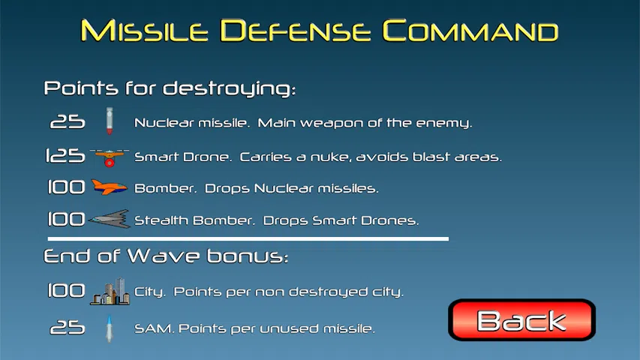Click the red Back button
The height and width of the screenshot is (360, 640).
tap(521, 320)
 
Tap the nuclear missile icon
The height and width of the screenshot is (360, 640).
tap(109, 121)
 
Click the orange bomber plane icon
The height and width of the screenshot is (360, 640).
tap(109, 187)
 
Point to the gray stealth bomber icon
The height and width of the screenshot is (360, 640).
tap(110, 219)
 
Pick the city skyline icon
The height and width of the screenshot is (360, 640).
tap(110, 292)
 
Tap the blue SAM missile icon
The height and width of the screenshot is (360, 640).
tap(109, 328)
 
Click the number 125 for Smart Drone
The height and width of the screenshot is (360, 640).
tap(65, 156)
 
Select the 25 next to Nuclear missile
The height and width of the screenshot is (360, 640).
tap(68, 121)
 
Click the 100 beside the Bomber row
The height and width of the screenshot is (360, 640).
tap(66, 187)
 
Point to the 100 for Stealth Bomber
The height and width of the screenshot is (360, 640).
tap(66, 220)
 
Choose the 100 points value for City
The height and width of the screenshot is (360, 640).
tap(66, 290)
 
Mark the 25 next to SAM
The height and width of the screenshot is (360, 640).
tap(68, 327)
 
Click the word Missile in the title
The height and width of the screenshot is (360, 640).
tap(144, 31)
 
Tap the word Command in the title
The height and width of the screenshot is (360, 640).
tap(470, 31)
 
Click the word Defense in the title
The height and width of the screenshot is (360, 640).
tap(296, 31)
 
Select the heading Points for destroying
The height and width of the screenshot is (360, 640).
tap(170, 88)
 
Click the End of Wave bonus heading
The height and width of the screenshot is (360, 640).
tap(166, 256)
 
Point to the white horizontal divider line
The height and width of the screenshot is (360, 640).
tap(248, 238)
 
